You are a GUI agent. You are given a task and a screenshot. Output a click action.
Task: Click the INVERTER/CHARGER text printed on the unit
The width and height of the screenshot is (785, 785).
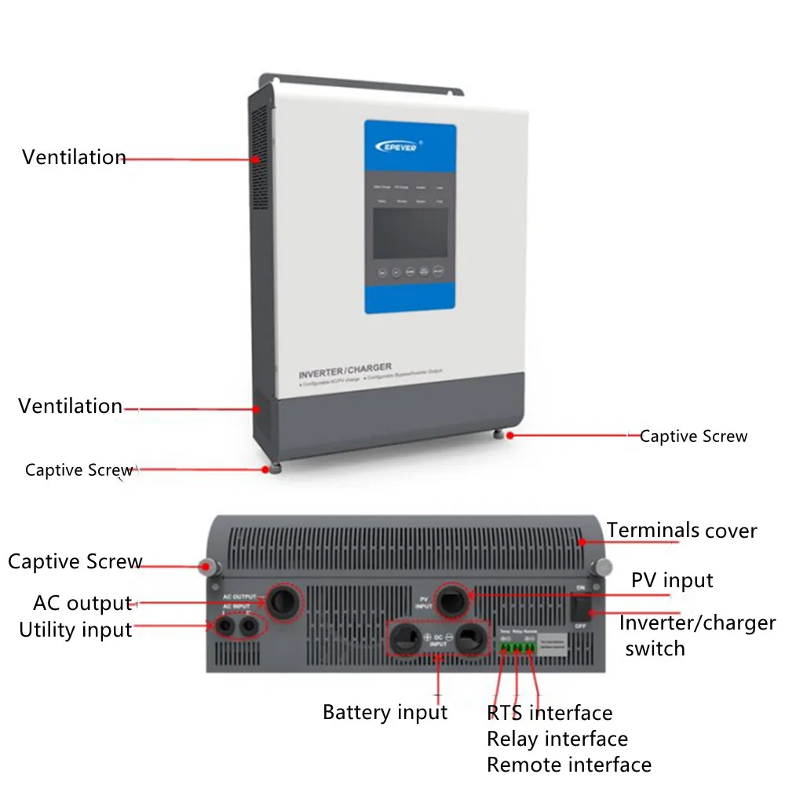click(x=345, y=368)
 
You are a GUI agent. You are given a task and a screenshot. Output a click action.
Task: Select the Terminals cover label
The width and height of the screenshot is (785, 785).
click(x=681, y=531)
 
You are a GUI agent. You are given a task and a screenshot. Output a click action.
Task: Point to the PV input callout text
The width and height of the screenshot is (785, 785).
click(x=672, y=580)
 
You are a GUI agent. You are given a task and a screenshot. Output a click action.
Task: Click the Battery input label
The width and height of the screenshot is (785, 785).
click(x=385, y=713)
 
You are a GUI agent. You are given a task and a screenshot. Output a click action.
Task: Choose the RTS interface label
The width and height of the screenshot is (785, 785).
click(x=549, y=713)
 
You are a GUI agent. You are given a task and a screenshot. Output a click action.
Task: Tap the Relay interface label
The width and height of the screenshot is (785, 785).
click(x=557, y=739)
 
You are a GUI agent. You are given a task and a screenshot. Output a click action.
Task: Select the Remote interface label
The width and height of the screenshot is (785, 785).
click(x=569, y=765)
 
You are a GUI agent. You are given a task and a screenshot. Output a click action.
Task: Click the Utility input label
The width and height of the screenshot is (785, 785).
click(x=75, y=630)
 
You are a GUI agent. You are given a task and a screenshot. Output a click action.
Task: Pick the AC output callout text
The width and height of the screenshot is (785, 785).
click(x=82, y=604)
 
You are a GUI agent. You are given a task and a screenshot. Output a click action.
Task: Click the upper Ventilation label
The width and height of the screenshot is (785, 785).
click(x=74, y=157)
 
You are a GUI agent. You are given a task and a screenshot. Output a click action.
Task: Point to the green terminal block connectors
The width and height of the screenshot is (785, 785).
click(x=517, y=648)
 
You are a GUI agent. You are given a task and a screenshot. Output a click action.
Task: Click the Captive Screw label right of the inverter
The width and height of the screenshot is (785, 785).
click(x=693, y=436)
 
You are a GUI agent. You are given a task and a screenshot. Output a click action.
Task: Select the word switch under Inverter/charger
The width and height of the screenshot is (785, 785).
click(x=655, y=648)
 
